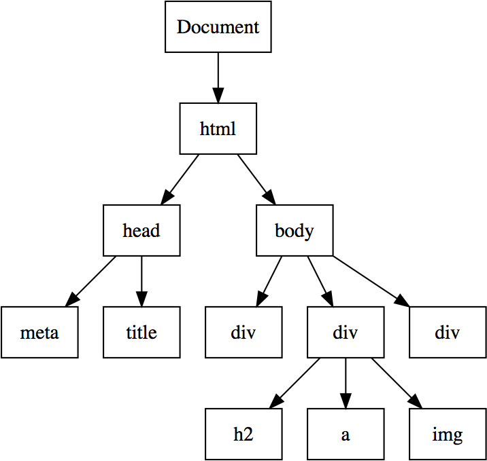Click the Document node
tap(218, 27)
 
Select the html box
tap(218, 128)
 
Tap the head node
tap(141, 230)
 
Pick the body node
tap(295, 230)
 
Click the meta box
tap(39, 333)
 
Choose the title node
tap(141, 333)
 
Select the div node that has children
tap(346, 333)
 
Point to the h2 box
tap(244, 435)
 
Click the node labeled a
tap(346, 435)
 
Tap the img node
tap(448, 435)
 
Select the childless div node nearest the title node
tap(244, 333)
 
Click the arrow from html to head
tap(180, 179)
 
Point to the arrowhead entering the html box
tap(218, 96)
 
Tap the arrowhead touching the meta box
tap(71, 301)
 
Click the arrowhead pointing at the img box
tap(416, 403)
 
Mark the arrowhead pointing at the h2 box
tap(275, 403)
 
